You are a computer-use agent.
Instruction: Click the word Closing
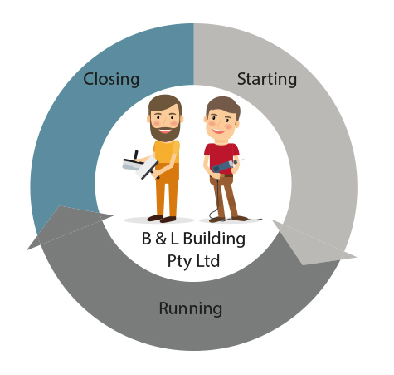(111, 80)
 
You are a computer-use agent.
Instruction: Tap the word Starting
(267, 80)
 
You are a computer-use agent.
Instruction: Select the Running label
(191, 308)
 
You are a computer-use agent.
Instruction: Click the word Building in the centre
(214, 239)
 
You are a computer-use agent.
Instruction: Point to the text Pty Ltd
(193, 261)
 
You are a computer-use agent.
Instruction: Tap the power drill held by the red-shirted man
(225, 165)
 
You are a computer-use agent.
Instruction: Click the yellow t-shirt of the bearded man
(166, 152)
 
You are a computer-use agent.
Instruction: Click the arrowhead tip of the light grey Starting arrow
(356, 257)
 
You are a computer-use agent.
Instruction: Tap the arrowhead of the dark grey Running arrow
(27, 249)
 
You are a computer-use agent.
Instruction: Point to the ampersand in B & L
(161, 239)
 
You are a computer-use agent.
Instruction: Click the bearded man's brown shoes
(162, 219)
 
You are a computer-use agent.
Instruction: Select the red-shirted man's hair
(223, 106)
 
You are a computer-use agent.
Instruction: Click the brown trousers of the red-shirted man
(225, 195)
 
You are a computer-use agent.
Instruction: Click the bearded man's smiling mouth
(165, 130)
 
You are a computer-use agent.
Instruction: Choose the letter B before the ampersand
(147, 239)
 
